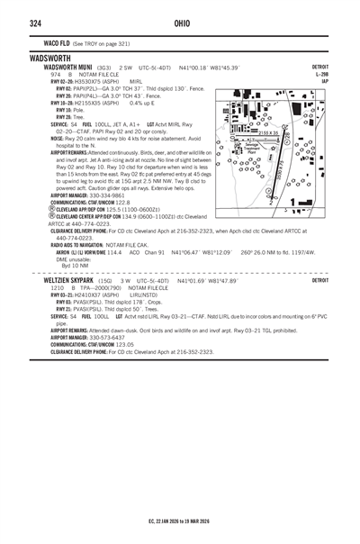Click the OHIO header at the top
(x=181, y=22)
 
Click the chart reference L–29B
(x=321, y=74)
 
